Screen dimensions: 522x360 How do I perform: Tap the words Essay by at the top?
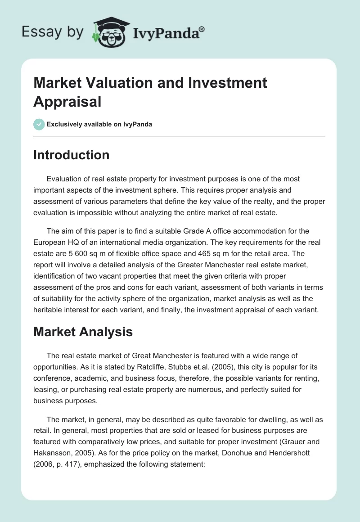tap(52, 31)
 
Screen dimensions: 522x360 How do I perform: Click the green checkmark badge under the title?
tap(39, 124)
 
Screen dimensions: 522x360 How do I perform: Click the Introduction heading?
tap(72, 155)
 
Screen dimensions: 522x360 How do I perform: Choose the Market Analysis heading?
tap(83, 332)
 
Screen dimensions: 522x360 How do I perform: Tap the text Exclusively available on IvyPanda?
tap(99, 124)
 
